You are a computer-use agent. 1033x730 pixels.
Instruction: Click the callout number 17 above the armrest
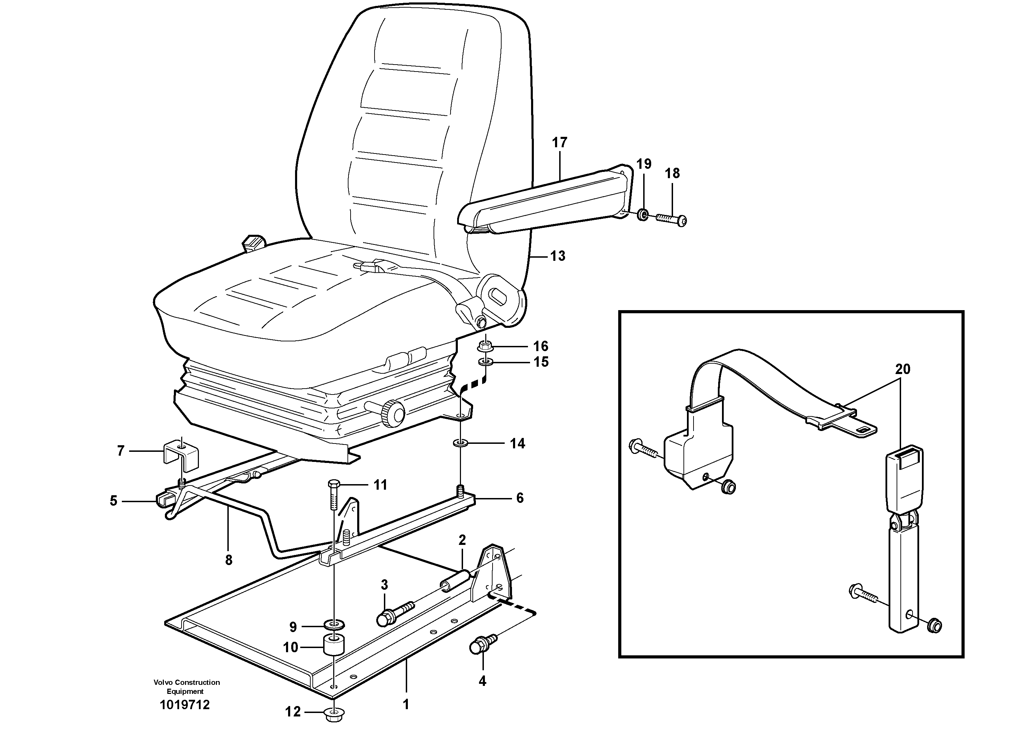pos(560,143)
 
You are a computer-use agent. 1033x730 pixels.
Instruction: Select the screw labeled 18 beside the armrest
pos(670,219)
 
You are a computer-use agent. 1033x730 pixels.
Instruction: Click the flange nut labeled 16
pos(486,347)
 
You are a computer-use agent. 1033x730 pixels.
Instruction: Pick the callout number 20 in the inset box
pos(902,370)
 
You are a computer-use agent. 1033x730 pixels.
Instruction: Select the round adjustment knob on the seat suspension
pos(394,412)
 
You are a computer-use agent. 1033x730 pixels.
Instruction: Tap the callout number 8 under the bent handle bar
pos(228,560)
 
